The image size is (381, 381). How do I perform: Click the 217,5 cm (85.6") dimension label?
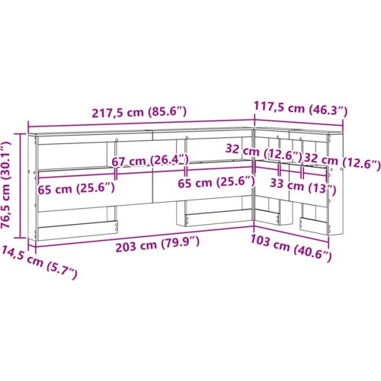click(139, 112)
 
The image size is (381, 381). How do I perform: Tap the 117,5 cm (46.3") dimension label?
click(300, 109)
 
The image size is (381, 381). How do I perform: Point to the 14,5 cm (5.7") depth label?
click(40, 262)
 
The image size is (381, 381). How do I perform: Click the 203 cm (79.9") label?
click(158, 244)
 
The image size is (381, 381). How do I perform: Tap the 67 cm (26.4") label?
click(150, 160)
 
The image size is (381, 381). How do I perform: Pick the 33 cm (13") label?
click(303, 186)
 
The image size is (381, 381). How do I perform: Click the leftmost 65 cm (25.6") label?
click(76, 188)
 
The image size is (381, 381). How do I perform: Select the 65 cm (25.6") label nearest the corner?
click(216, 182)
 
